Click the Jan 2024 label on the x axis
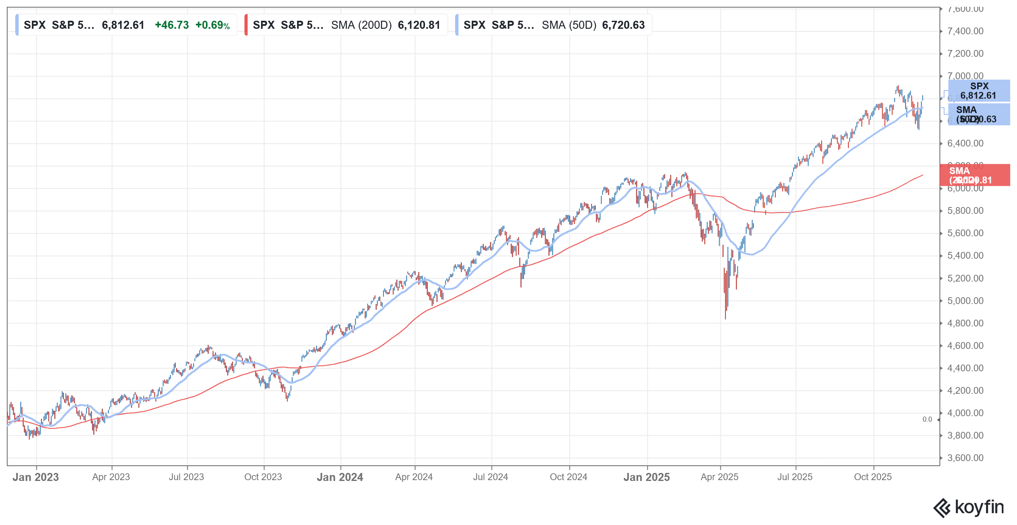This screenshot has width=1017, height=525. coord(340,477)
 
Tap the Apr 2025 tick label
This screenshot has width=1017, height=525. coord(720,477)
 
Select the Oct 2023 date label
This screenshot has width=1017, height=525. coord(263,477)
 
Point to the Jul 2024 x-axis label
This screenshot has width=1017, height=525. coord(491,477)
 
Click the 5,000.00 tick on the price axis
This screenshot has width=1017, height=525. coord(965,301)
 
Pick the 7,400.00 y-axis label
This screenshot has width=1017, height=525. coord(965,31)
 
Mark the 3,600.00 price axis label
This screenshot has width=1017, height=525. coord(965,458)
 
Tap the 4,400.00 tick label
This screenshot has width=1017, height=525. coord(965,368)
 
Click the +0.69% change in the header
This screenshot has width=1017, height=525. coord(212,25)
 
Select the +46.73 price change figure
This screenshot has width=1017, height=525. coord(172,25)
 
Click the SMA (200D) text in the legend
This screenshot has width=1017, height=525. coord(361,25)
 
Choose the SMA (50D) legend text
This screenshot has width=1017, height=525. coord(569,25)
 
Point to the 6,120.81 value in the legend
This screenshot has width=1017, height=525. coord(419,25)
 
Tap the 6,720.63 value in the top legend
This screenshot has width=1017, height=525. coord(623,25)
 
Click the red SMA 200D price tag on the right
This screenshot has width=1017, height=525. coord(975,175)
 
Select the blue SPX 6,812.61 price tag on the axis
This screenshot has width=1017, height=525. coord(979,91)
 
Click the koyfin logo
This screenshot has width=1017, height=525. coord(969,508)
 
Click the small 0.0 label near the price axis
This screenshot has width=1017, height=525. coord(927,420)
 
